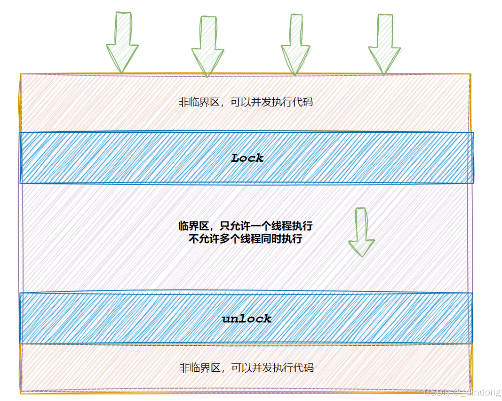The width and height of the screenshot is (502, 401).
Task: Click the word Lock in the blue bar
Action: [247, 158]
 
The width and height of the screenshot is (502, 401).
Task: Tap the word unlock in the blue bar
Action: [247, 319]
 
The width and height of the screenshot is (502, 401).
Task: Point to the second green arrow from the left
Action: [208, 45]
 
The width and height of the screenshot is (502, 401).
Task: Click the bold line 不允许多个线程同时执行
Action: [245, 238]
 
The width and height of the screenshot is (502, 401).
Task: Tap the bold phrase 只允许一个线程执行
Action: [266, 226]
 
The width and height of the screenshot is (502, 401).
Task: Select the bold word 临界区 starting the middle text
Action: [194, 226]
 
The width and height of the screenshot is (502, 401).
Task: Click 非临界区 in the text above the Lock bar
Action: [199, 102]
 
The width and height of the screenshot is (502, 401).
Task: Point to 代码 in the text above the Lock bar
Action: [303, 102]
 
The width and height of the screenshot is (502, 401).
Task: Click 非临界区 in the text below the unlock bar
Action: [200, 368]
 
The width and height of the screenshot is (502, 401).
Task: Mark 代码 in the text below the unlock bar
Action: [303, 368]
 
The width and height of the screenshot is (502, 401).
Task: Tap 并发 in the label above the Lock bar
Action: [261, 102]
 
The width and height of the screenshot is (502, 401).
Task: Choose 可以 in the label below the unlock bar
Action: [241, 368]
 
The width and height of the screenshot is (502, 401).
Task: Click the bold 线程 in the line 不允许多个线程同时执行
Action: [251, 238]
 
